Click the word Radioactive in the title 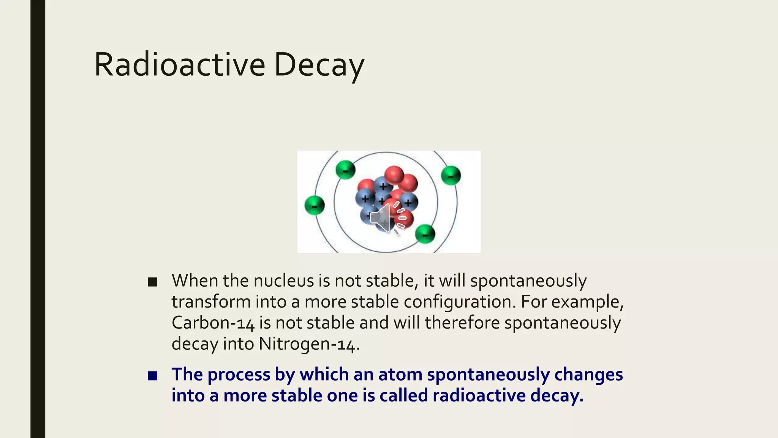tap(179, 65)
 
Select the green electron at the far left tap(315, 206)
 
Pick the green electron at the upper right tap(451, 176)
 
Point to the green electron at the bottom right tap(425, 233)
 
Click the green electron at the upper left tap(346, 170)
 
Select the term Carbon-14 tap(213, 323)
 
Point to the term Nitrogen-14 tap(308, 344)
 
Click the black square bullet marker tap(153, 282)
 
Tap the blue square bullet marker tap(153, 376)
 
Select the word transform tap(211, 302)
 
